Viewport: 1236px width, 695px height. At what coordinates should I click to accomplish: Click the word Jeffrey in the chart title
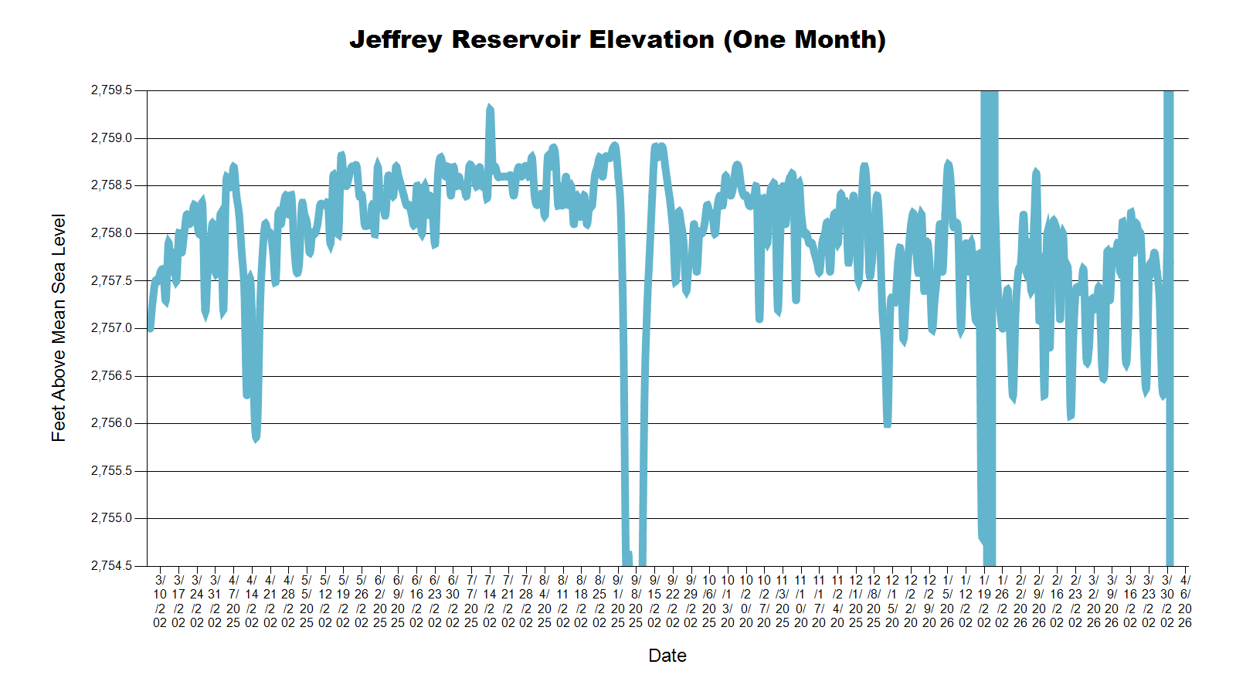click(396, 39)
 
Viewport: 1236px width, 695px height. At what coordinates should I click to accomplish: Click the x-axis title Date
click(667, 656)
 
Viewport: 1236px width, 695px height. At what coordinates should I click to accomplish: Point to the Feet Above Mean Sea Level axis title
click(59, 327)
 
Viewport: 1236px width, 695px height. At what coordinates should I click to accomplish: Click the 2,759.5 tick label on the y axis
click(112, 90)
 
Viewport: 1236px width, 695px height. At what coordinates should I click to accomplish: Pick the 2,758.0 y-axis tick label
click(112, 233)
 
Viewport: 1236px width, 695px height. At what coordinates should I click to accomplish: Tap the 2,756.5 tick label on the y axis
click(112, 376)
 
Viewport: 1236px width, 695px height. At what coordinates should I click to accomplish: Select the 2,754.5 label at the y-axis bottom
click(112, 566)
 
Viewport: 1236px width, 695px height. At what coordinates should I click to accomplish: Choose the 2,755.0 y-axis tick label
click(112, 518)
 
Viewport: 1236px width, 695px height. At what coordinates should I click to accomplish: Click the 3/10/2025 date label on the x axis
click(160, 601)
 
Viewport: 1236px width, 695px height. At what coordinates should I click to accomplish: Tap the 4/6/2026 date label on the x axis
click(1185, 601)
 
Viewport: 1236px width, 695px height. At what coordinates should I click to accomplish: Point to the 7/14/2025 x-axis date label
click(489, 601)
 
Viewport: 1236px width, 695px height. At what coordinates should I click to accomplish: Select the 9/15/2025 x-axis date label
click(654, 601)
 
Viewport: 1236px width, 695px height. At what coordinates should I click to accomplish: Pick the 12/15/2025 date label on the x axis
click(892, 601)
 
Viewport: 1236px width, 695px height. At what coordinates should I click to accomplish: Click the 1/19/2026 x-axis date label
click(983, 601)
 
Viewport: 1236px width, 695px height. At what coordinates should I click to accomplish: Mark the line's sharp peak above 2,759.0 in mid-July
click(489, 107)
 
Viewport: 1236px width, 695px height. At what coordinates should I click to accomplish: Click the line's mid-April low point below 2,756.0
click(256, 439)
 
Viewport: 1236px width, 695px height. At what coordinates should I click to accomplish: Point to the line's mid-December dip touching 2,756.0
click(888, 424)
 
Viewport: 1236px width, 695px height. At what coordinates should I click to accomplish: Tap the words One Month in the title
click(804, 39)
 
